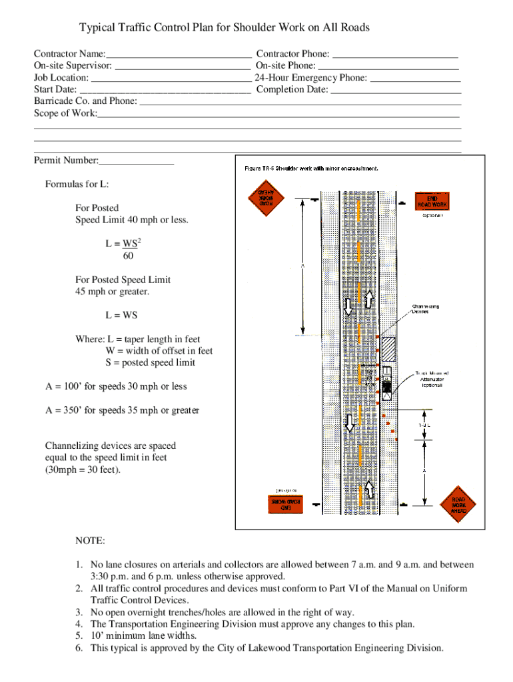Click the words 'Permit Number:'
click(66, 161)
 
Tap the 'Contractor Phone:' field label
click(292, 54)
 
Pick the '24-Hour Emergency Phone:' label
click(310, 78)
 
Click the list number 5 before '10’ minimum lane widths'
click(79, 636)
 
